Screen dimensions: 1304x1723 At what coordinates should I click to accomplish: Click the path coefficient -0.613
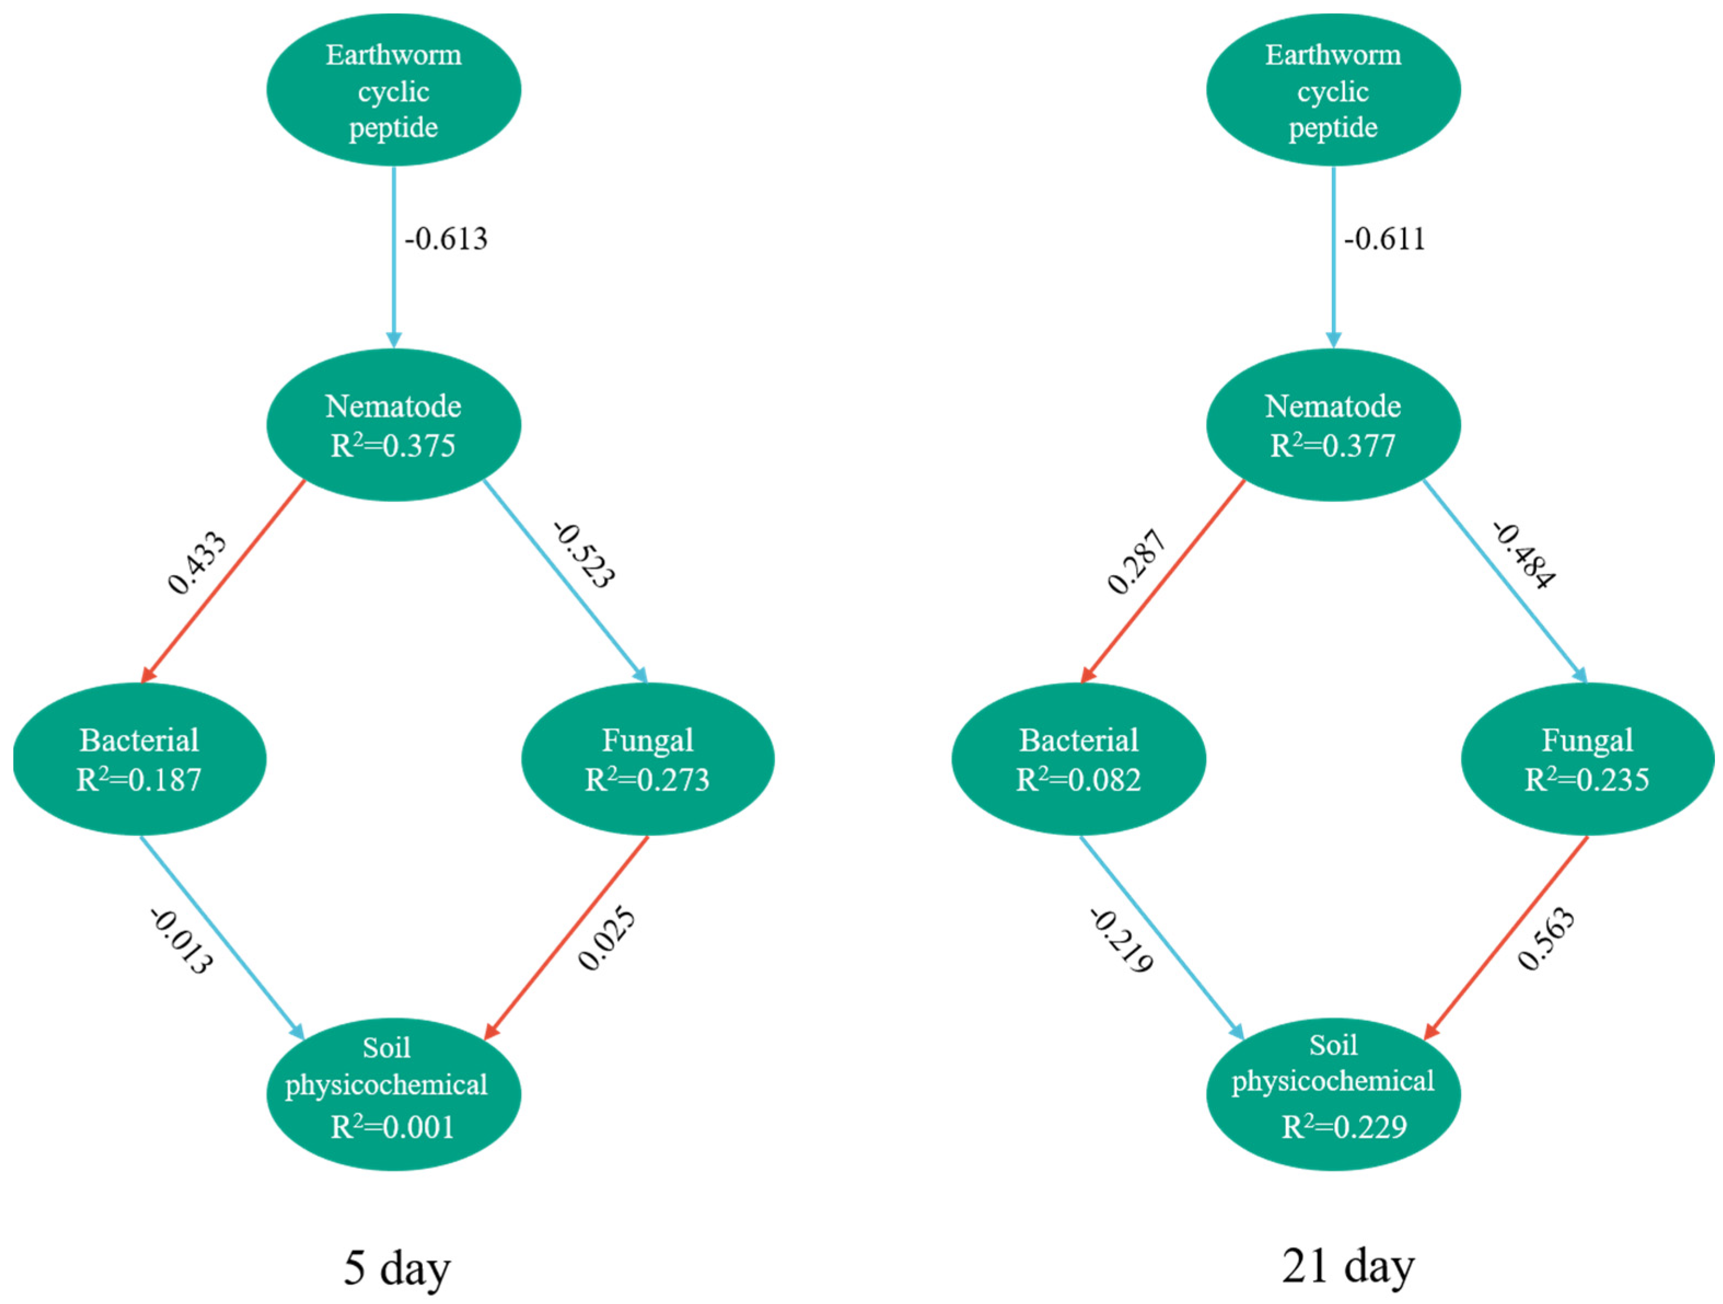point(446,239)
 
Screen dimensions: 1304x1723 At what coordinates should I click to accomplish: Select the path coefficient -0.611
point(1384,239)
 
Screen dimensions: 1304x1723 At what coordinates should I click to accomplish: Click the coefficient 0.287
point(1137,562)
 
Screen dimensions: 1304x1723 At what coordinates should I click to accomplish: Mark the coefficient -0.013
point(181,942)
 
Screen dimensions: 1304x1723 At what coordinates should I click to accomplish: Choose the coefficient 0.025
point(607,939)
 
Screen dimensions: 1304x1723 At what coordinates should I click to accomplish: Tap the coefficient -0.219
point(1121,941)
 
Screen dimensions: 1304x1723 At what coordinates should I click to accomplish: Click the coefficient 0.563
point(1546,939)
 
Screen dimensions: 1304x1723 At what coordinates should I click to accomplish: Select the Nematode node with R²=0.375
point(393,425)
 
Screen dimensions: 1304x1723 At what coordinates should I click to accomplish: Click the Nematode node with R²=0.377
point(1333,425)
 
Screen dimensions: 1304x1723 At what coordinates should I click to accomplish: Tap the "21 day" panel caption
point(1348,1267)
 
